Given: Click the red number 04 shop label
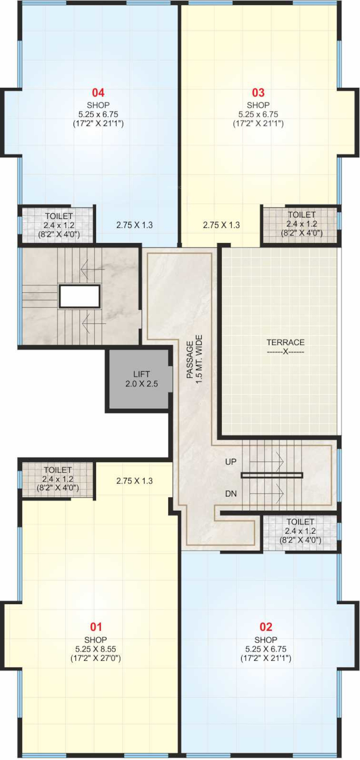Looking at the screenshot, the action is tap(98, 93).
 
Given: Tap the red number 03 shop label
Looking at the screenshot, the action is tap(258, 93).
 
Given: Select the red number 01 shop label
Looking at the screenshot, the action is tap(96, 627).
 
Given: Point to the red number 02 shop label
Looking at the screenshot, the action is tap(266, 627).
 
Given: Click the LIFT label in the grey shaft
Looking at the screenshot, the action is tap(142, 374).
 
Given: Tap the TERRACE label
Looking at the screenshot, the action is tap(286, 342).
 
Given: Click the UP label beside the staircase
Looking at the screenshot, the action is tap(231, 462).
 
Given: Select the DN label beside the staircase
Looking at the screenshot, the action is tap(231, 494).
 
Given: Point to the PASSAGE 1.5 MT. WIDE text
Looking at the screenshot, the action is tap(195, 359).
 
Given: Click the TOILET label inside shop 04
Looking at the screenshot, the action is tap(59, 216).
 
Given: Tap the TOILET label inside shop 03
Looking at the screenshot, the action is tap(302, 215).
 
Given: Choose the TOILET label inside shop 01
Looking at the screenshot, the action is tap(58, 470).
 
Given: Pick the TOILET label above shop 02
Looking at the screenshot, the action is tap(300, 522).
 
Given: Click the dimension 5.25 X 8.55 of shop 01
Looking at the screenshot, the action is tap(96, 649).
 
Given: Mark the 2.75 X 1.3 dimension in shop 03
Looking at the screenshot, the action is tap(221, 225).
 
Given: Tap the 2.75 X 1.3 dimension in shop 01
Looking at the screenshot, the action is tap(134, 481).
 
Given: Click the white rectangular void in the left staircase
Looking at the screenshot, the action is tap(80, 296).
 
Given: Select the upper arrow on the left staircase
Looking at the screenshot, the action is tap(92, 269).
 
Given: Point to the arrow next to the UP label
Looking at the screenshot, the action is tap(267, 462).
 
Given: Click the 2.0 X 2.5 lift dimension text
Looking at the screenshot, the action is tap(142, 384).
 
